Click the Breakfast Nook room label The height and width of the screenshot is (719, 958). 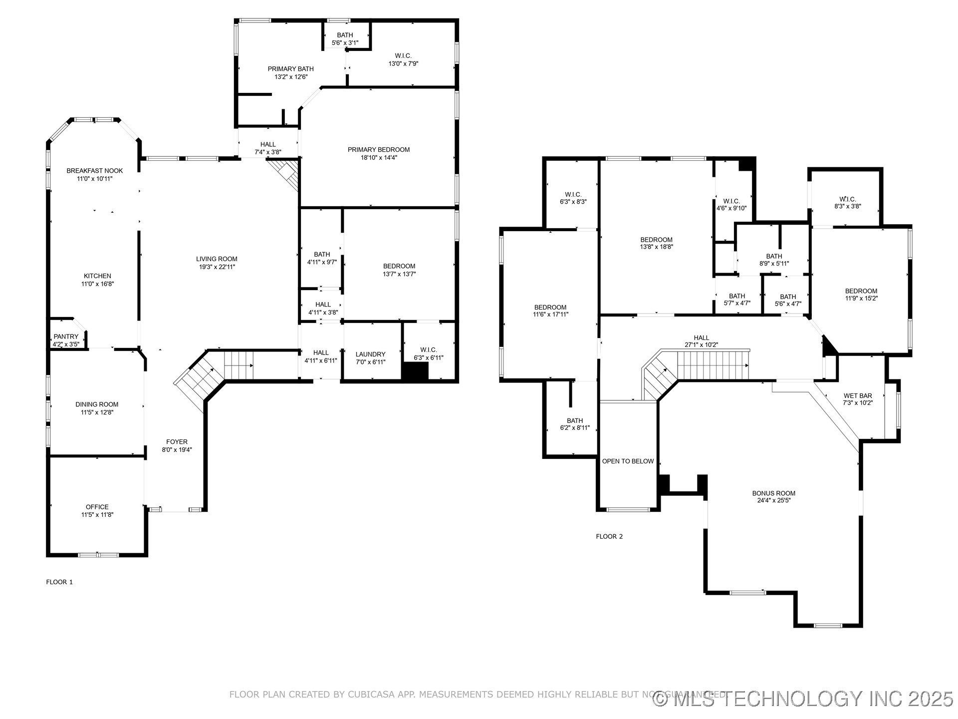pyautogui.click(x=95, y=171)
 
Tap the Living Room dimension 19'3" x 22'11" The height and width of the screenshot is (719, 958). pyautogui.click(x=217, y=267)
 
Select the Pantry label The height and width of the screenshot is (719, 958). pyautogui.click(x=66, y=337)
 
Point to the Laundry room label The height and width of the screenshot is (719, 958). pyautogui.click(x=370, y=354)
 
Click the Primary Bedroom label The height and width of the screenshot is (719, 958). pyautogui.click(x=379, y=149)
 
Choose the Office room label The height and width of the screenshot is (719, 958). pyautogui.click(x=97, y=507)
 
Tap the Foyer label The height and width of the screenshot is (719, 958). pyautogui.click(x=177, y=441)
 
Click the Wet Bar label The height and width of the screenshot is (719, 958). pyautogui.click(x=858, y=395)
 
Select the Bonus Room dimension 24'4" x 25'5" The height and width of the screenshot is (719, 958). pyautogui.click(x=774, y=500)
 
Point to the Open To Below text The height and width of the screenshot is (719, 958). pyautogui.click(x=628, y=461)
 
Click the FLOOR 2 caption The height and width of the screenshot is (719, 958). pyautogui.click(x=609, y=536)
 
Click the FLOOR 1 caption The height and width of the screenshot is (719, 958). pyautogui.click(x=59, y=582)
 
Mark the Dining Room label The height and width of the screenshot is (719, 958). pyautogui.click(x=97, y=404)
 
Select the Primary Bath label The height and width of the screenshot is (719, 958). pyautogui.click(x=291, y=69)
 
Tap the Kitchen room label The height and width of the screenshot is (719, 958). pyautogui.click(x=97, y=276)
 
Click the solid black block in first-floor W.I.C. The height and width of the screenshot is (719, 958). pyautogui.click(x=415, y=371)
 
